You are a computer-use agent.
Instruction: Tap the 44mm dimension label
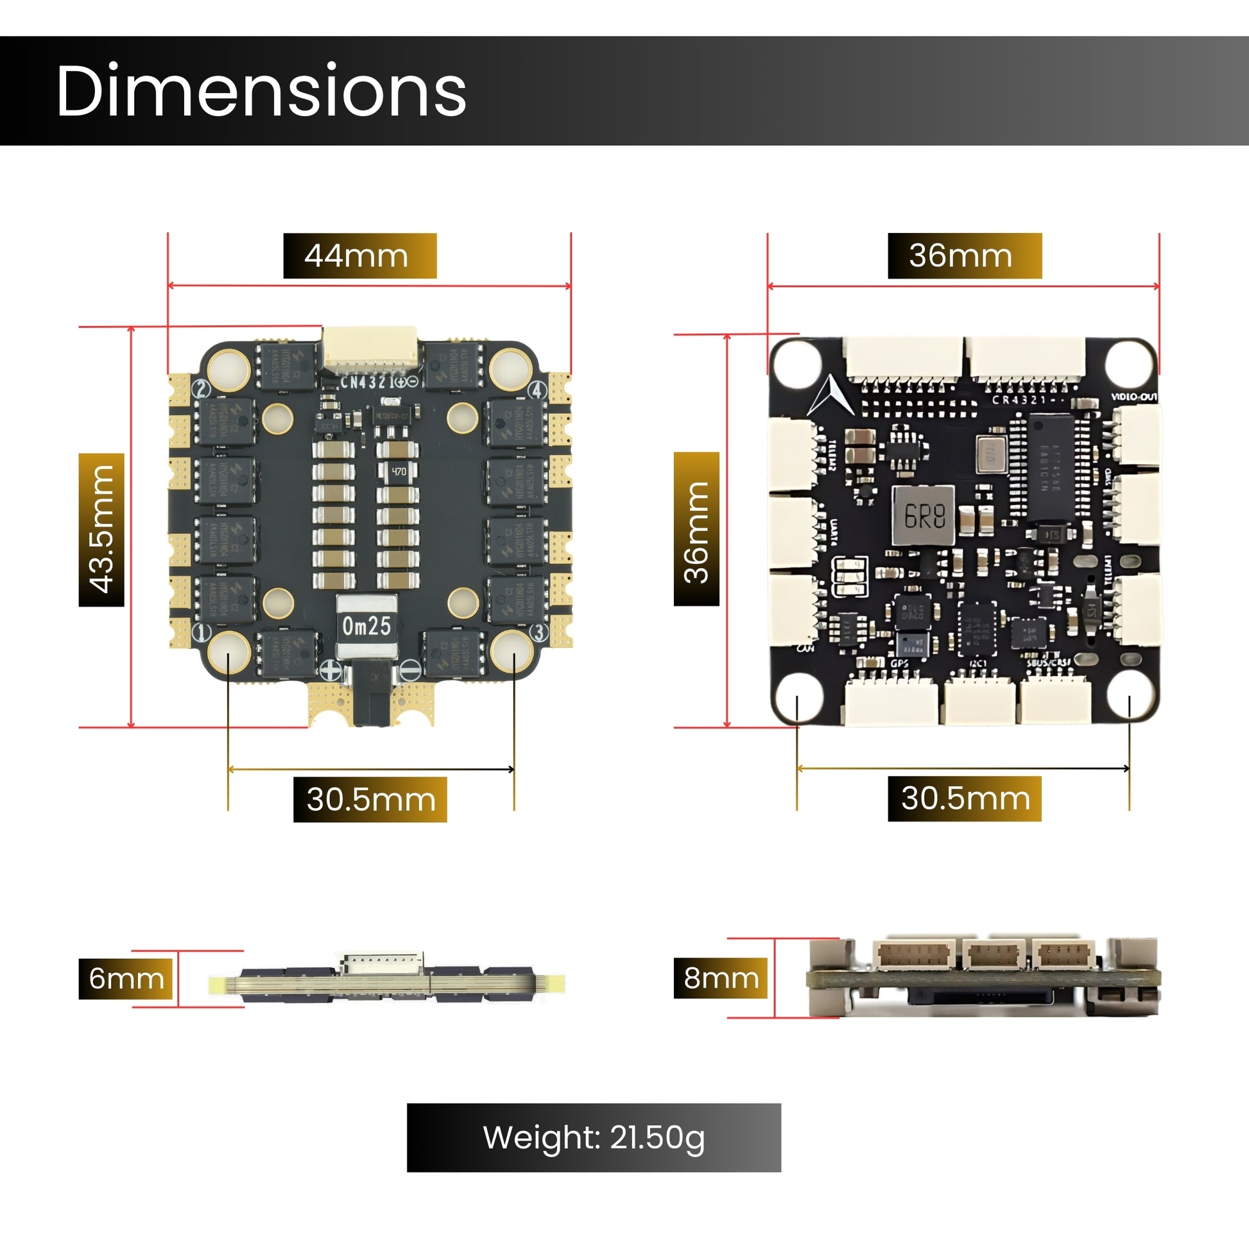359,256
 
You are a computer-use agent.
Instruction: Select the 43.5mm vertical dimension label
101,530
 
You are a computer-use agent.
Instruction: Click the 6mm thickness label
126,978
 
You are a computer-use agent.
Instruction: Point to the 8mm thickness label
721,978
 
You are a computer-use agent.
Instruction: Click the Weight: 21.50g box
594,1138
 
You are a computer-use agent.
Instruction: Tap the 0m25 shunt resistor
366,626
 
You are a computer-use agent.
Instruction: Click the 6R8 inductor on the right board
924,515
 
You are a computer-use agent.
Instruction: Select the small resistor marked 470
399,471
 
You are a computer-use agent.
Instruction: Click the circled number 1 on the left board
203,632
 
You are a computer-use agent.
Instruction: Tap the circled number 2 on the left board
202,389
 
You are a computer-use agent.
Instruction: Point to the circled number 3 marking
538,632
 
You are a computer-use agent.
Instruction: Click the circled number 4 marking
538,390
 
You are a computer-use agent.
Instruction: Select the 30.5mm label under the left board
370,799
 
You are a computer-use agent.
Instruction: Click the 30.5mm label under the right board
965,798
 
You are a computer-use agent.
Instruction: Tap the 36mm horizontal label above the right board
965,256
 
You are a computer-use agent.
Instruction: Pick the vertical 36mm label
696,529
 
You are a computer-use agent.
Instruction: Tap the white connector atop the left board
370,349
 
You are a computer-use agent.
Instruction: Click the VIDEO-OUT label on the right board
1134,397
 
